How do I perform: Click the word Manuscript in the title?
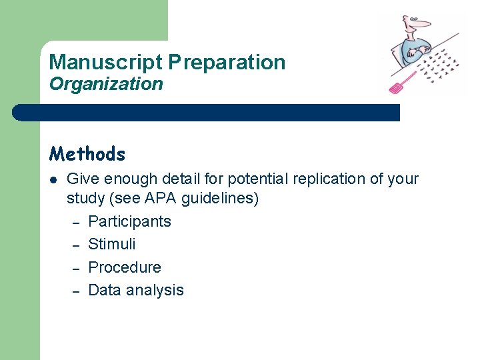coord(105,62)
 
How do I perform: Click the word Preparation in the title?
coord(227,62)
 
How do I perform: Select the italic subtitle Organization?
coord(105,84)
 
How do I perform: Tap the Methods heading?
coord(87,154)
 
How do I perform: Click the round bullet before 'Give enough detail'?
coord(53,179)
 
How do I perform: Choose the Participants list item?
coord(129,221)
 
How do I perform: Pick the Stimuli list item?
coord(111,244)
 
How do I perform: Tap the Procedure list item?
coord(125,267)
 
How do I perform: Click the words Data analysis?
coord(135,290)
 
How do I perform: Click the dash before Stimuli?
coord(76,245)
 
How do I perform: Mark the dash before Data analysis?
coord(76,291)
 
